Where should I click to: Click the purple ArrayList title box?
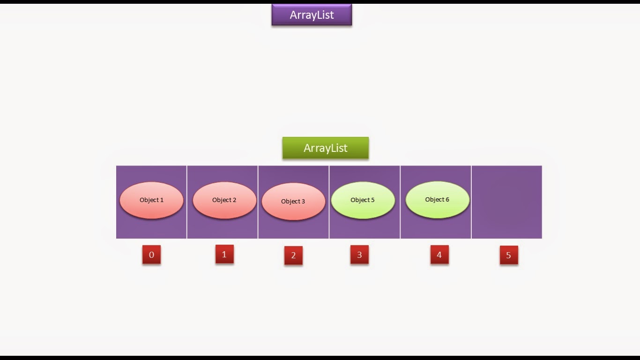click(x=312, y=15)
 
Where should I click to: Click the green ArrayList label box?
click(x=325, y=148)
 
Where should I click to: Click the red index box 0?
click(x=151, y=255)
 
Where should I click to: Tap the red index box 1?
click(x=224, y=254)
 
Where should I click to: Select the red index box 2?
click(x=293, y=255)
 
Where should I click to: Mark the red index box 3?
click(x=359, y=255)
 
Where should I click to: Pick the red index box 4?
click(x=439, y=255)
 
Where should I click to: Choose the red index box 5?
click(x=509, y=255)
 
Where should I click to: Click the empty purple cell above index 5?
click(x=506, y=202)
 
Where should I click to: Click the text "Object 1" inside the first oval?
click(x=151, y=200)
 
